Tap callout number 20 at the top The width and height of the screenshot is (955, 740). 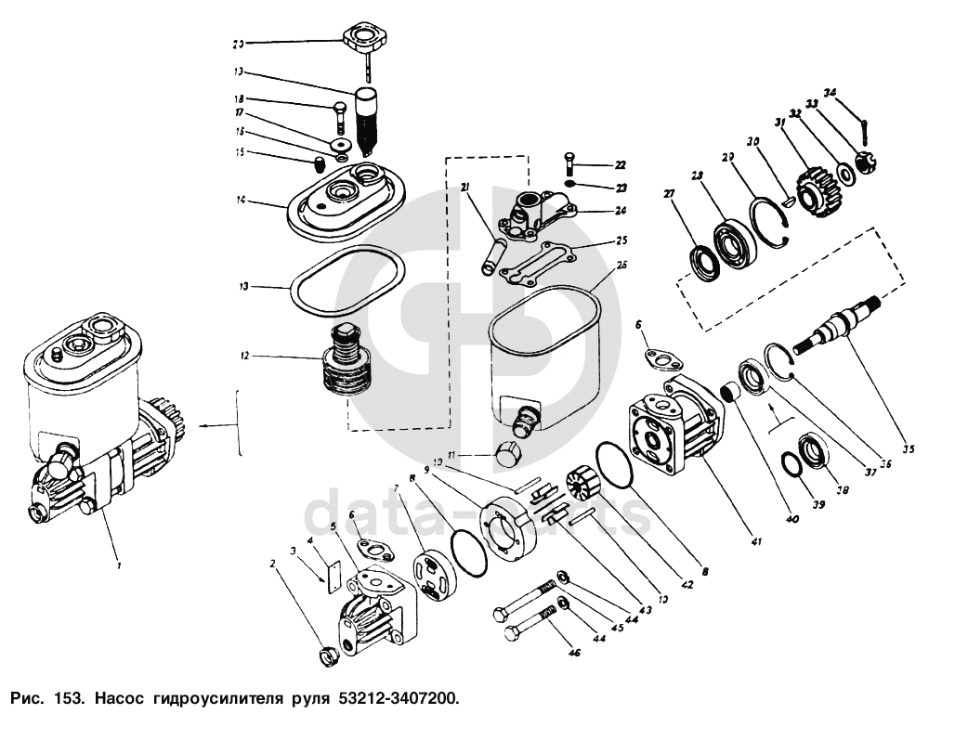coord(239,43)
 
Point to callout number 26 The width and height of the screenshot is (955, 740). coord(621,265)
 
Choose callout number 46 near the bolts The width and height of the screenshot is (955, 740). coord(574,654)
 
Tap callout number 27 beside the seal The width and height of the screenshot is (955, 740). coord(668,194)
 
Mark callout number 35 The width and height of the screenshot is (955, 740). coord(908,449)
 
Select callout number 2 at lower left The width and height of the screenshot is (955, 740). coord(273,564)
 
